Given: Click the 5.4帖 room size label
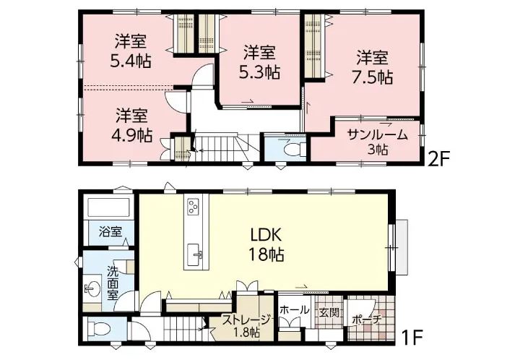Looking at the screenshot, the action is click(x=131, y=61).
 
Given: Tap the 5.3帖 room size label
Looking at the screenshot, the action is click(x=259, y=72).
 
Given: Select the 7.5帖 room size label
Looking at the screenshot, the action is click(x=373, y=77).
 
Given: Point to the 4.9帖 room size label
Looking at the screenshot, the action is click(x=131, y=135).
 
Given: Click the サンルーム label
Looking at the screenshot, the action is click(x=377, y=135).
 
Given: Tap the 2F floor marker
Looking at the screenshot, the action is click(x=438, y=158).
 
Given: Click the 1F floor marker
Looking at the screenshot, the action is click(x=412, y=337).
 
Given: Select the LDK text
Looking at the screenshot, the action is click(x=266, y=235).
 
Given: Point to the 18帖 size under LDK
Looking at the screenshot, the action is click(x=266, y=254).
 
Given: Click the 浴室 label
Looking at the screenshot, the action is click(x=111, y=231).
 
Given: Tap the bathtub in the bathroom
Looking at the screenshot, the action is click(x=109, y=207).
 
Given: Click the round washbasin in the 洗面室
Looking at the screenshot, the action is click(x=92, y=288).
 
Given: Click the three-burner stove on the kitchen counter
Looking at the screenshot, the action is click(x=194, y=206).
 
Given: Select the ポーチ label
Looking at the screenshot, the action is click(x=366, y=319).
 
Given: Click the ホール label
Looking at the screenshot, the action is click(x=294, y=309).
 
